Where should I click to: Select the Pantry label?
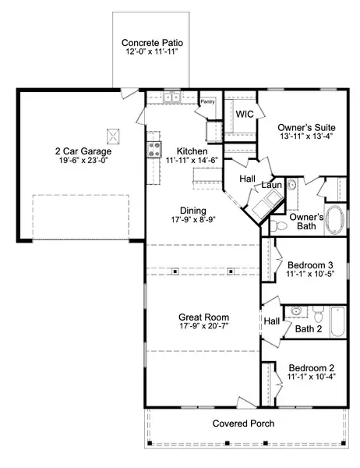coord(207,101)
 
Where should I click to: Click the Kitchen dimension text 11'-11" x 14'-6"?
coord(191,161)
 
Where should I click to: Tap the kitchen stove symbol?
coord(154,150)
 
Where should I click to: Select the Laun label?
coord(271,185)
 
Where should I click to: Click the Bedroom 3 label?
coord(305,265)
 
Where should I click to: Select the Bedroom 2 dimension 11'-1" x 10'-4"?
coord(305,378)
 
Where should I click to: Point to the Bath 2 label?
coord(309,329)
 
